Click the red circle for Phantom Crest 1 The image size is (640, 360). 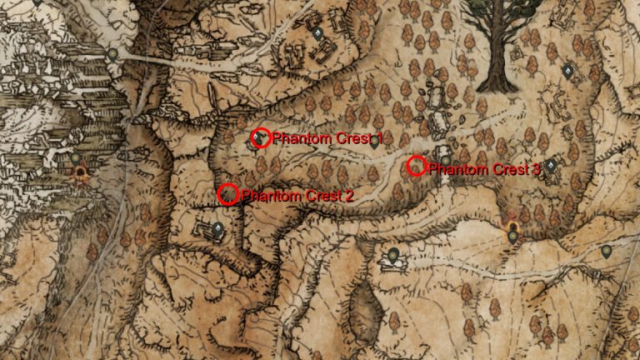click(x=261, y=137)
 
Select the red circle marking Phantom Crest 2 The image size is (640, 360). click(x=227, y=194)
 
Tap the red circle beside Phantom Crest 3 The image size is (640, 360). click(x=417, y=167)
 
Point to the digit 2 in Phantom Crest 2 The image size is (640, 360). click(x=349, y=196)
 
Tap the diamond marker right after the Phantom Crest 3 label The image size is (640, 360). click(x=551, y=166)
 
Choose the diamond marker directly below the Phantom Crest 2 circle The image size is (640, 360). click(x=217, y=227)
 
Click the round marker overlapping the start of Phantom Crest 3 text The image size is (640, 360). click(x=446, y=161)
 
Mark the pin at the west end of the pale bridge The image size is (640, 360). click(x=113, y=55)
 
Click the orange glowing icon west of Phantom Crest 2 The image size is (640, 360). click(x=82, y=174)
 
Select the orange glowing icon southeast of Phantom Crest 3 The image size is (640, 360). click(x=512, y=224)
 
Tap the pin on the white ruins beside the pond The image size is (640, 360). click(x=393, y=255)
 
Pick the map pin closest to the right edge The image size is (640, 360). click(x=606, y=251)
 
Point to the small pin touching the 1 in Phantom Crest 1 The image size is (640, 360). click(x=375, y=142)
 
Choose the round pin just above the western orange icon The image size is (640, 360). click(x=76, y=157)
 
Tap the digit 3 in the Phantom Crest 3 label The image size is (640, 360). click(x=536, y=169)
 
